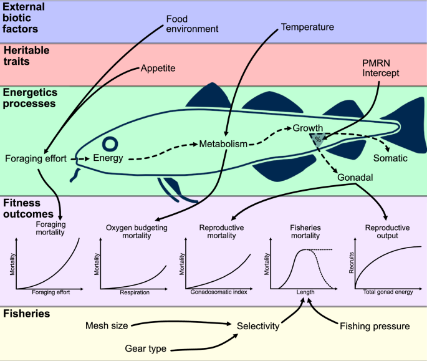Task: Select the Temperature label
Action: click(307, 27)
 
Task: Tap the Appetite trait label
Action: click(158, 68)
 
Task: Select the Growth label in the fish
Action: click(308, 128)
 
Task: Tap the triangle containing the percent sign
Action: click(318, 140)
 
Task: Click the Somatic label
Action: click(390, 158)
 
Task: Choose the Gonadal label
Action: click(355, 178)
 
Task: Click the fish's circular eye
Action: click(112, 145)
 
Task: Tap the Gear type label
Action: click(146, 348)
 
